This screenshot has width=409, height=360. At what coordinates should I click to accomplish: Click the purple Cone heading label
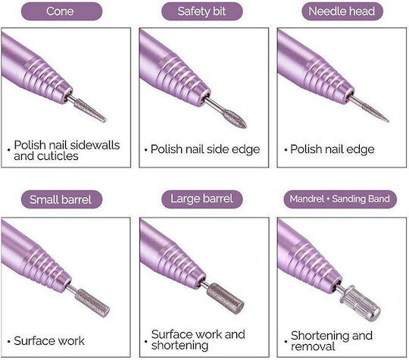61,11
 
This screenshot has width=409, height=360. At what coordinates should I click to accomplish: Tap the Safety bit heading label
202,11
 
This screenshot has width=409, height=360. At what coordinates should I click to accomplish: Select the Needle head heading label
342,11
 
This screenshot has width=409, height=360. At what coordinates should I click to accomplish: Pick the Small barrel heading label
61,199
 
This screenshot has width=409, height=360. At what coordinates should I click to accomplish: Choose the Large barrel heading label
202,199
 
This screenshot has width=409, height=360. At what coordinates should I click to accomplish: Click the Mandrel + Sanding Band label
340,199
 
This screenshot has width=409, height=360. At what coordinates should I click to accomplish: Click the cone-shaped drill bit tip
91,111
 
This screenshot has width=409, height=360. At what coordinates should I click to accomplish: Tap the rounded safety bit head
235,120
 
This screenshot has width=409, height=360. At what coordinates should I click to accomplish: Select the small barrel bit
92,303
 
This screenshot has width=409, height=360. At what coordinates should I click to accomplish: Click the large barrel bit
226,298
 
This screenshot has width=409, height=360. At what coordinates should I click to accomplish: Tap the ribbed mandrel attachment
360,303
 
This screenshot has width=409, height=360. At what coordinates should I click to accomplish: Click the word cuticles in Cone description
58,156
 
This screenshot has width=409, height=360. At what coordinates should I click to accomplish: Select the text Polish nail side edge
205,149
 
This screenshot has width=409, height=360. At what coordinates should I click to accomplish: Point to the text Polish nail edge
333,149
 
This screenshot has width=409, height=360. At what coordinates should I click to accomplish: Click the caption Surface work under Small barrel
49,341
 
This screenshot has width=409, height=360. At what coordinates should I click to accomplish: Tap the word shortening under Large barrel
180,346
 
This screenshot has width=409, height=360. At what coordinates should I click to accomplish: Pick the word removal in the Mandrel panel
313,346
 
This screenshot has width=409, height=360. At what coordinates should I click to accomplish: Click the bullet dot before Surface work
9,342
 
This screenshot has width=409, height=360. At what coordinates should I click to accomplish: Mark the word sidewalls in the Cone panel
95,146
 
